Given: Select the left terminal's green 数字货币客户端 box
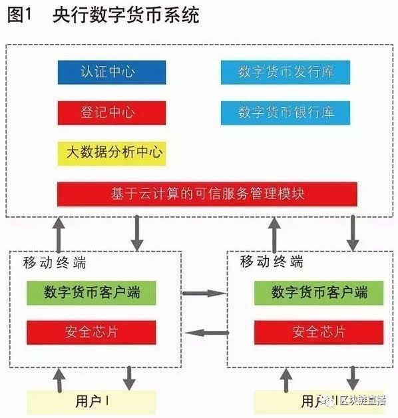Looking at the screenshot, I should click(x=91, y=292).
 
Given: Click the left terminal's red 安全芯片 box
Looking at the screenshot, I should click(x=91, y=331).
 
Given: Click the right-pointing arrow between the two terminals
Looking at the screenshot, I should click(x=204, y=292).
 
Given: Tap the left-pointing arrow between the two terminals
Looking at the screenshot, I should click(x=204, y=333).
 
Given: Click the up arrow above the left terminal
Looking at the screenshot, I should click(x=60, y=233).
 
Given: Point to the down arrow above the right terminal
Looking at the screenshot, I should click(x=352, y=233).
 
